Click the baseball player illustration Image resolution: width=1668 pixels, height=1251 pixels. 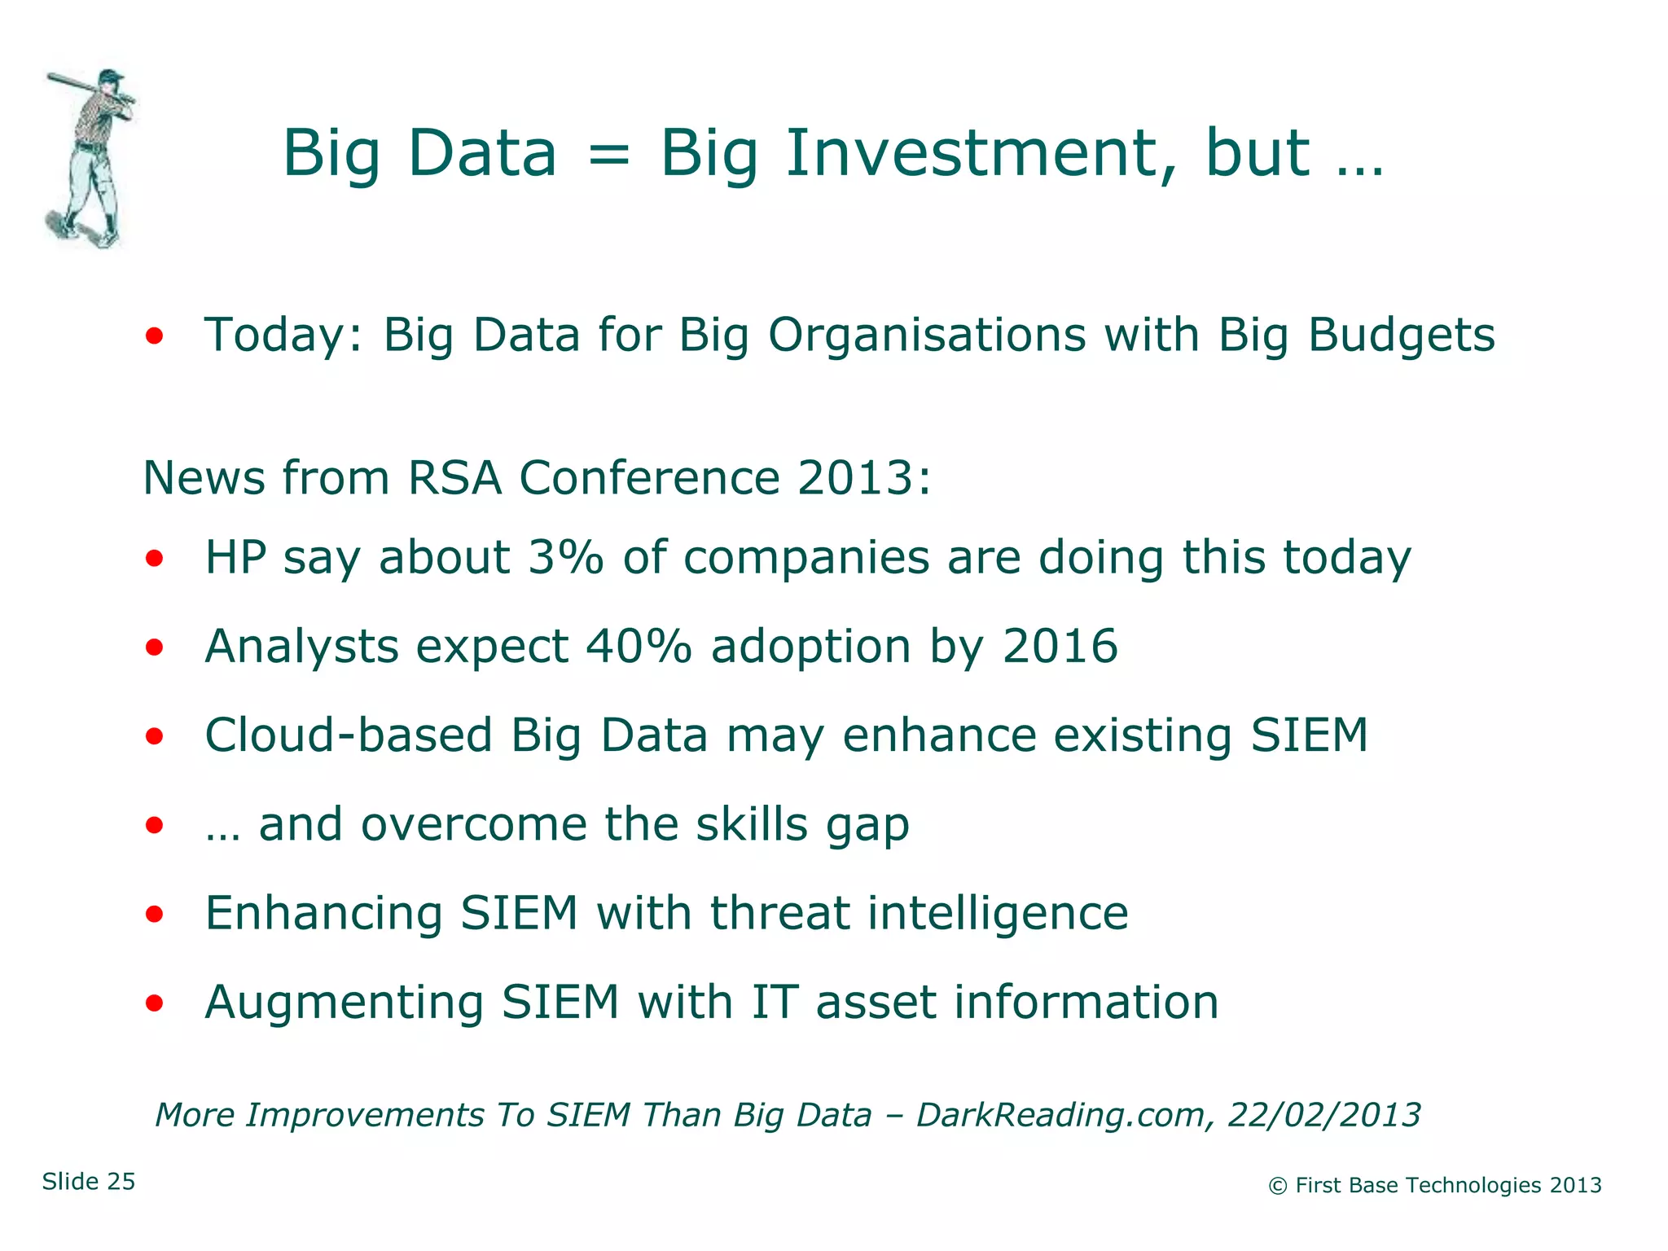(90, 159)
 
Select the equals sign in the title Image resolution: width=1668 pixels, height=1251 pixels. (608, 155)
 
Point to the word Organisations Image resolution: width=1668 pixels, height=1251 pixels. (927, 335)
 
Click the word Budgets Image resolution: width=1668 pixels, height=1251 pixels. (1401, 335)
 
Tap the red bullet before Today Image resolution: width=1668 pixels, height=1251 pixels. (155, 335)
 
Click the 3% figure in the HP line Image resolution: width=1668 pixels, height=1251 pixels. (565, 558)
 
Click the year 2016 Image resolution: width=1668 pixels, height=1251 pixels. (1060, 647)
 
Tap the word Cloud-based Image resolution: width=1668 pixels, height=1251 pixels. (349, 735)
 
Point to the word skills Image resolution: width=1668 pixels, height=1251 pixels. (752, 824)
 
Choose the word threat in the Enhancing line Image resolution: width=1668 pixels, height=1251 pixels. (780, 913)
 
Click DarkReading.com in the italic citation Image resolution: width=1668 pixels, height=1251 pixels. (1060, 1115)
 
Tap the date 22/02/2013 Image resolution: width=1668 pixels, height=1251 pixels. (1324, 1115)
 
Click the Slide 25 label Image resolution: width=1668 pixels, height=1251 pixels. (89, 1182)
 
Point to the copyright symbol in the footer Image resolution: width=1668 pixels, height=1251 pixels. (1277, 1187)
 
